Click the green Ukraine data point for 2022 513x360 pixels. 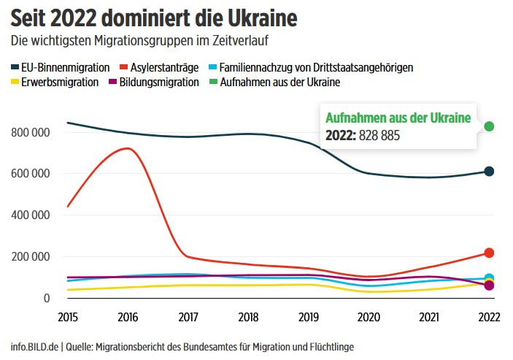pos(489,126)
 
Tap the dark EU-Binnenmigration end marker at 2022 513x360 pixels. pos(489,172)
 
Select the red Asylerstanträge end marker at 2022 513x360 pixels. pos(489,253)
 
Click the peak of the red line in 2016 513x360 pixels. pos(128,148)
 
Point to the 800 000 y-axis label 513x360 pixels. pos(30,132)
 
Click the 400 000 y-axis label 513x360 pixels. pos(30,215)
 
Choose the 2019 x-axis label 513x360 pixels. pos(308,317)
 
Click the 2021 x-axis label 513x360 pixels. pos(428,317)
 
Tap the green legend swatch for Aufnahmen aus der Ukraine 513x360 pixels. pos(214,82)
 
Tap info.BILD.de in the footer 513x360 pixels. pos(33,347)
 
